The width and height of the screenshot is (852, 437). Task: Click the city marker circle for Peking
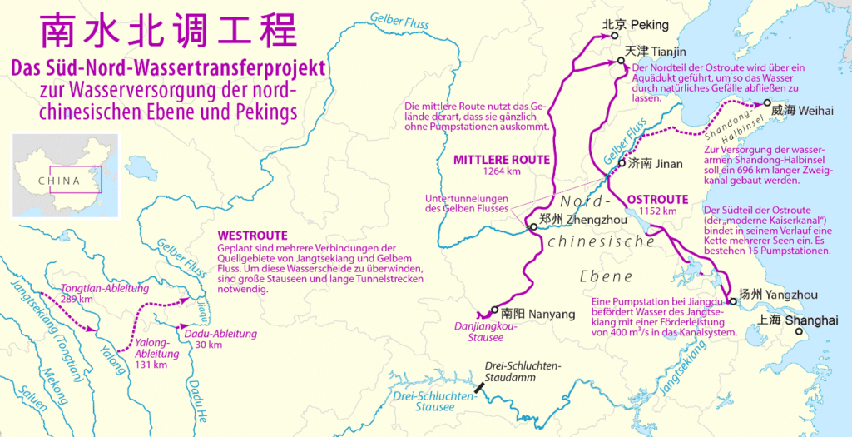pos(614,36)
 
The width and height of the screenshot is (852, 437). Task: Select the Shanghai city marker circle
pos(799,331)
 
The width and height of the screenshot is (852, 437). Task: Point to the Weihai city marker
pos(767,105)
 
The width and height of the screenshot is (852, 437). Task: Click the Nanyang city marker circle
pos(494,309)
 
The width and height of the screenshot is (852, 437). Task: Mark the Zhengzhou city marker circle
pos(532,227)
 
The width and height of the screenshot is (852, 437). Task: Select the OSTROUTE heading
pos(657,200)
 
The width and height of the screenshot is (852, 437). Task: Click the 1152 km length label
pos(657,212)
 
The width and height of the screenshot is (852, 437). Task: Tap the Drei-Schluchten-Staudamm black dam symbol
pos(479,386)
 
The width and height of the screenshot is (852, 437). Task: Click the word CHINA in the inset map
pos(59,181)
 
